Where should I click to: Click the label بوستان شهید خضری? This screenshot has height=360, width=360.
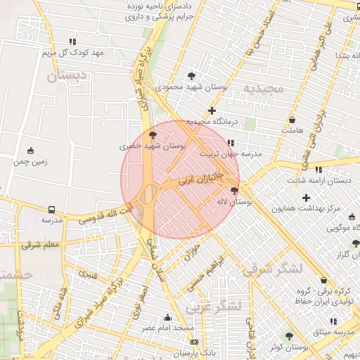[x=153, y=146]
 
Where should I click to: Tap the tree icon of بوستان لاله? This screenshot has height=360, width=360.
[x=234, y=190]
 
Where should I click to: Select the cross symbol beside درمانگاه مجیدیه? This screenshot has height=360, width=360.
[x=212, y=110]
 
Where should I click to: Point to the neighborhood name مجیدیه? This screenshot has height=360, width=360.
[x=263, y=88]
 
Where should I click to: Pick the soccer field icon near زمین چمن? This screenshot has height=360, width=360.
[x=30, y=150]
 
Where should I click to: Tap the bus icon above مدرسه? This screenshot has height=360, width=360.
[x=52, y=210]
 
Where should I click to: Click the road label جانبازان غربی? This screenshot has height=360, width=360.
[x=201, y=176]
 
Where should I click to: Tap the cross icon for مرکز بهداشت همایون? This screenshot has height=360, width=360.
[x=306, y=198]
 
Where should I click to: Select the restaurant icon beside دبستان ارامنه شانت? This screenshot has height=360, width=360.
[x=319, y=169]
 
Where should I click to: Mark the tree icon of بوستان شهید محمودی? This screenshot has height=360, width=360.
[x=191, y=76]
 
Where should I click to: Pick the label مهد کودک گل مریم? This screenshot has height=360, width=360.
[x=72, y=53]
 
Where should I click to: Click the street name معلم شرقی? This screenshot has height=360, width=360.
[x=42, y=244]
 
